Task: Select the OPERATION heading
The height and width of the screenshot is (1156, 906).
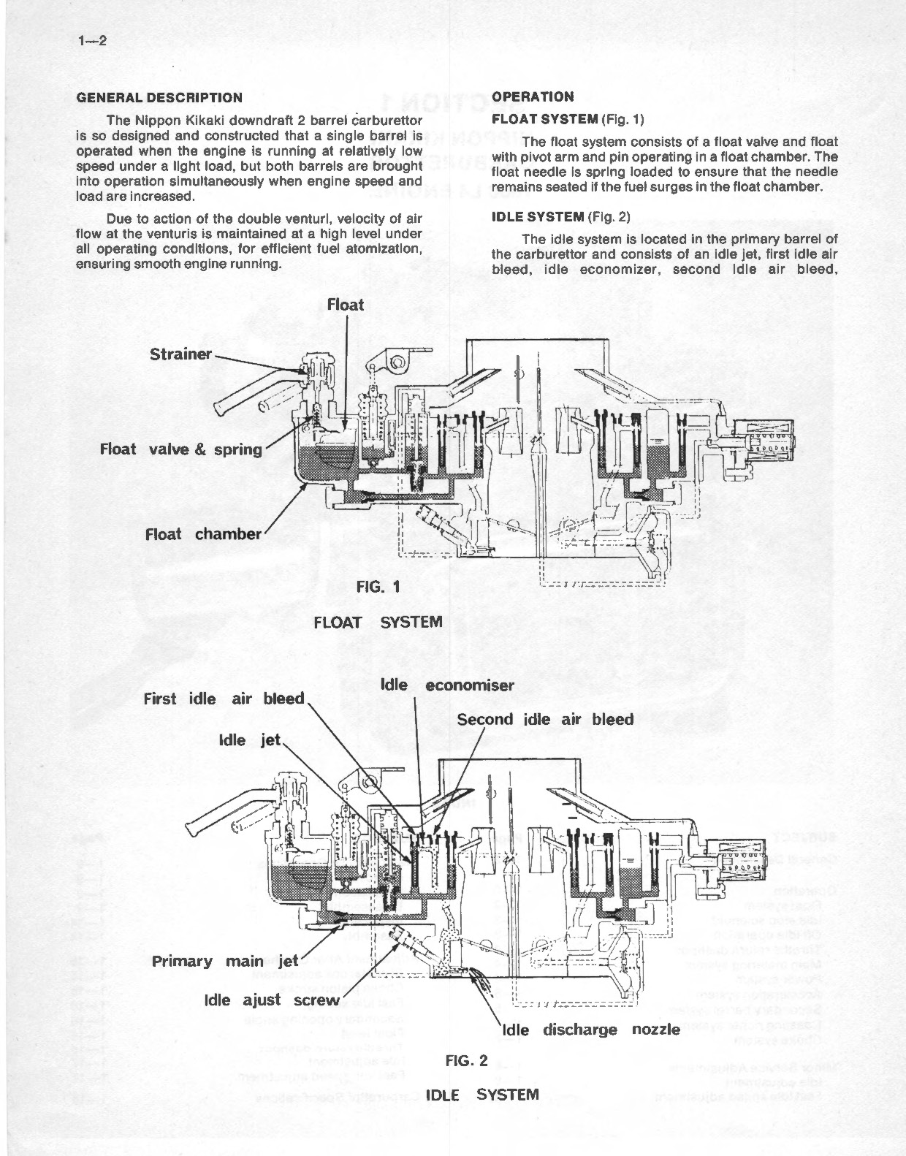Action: click(533, 96)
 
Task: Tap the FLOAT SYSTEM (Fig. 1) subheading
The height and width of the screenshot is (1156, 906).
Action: click(567, 118)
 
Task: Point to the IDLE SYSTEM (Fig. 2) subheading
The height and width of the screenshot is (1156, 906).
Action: click(560, 216)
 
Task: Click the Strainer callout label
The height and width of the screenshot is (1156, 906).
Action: click(180, 354)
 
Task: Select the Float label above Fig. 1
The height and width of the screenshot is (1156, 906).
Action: click(346, 305)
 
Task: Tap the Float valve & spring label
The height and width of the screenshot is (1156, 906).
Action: click(180, 449)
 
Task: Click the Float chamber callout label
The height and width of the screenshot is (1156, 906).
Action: click(202, 534)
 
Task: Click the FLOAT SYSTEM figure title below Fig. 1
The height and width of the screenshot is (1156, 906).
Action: click(378, 622)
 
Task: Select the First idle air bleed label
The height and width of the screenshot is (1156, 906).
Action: click(224, 699)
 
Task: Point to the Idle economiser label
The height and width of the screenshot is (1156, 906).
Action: click(447, 685)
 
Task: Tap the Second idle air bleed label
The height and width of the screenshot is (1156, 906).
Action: click(545, 719)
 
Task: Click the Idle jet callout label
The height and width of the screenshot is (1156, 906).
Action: click(250, 740)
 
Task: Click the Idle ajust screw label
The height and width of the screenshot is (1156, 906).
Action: click(273, 1000)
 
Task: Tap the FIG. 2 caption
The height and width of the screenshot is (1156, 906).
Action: click(466, 1061)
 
